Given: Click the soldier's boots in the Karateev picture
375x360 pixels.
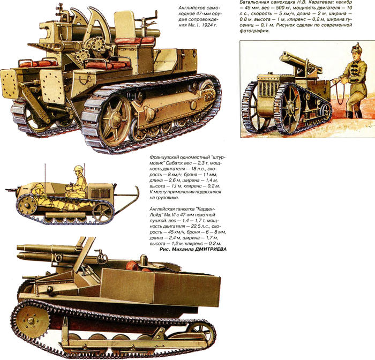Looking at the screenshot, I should [x=352, y=114].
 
